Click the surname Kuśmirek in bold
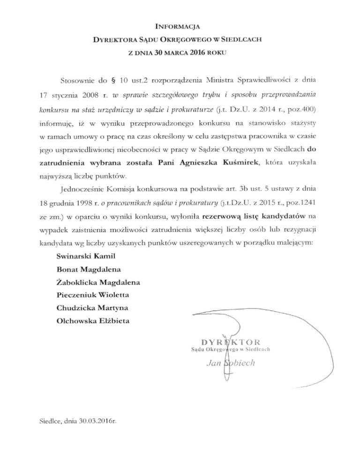pyautogui.click(x=236, y=162)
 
